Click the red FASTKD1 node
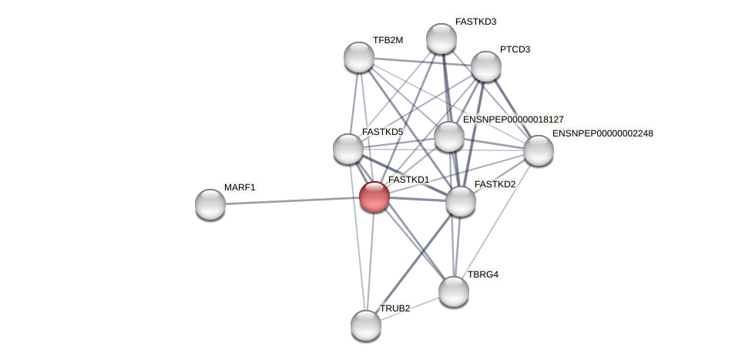point(374,197)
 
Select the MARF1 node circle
point(210,204)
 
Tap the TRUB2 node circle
point(366,325)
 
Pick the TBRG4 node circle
point(454,291)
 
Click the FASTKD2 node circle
point(461,201)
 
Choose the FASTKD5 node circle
point(348,148)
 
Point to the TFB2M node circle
point(359,56)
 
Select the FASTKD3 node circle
point(441,39)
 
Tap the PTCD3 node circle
point(486,66)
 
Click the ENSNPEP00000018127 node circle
point(449,136)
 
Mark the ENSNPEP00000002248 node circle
point(539,150)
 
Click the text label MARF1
point(240,187)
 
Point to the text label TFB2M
point(388,40)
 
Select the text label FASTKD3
point(475,22)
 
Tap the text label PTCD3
point(515,49)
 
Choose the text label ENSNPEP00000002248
point(603,133)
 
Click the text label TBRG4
point(483,274)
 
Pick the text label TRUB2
point(394,308)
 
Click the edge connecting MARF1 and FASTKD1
point(293,200)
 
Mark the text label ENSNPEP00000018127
point(513,119)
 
